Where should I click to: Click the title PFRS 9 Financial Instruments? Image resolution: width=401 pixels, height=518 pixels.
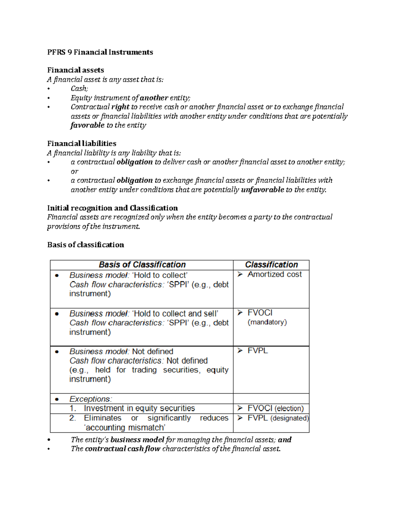point(100,52)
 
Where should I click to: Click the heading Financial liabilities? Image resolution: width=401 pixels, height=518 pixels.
point(82,143)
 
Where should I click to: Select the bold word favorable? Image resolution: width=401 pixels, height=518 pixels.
point(88,125)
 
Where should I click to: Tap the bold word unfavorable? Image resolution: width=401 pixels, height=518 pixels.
point(262,190)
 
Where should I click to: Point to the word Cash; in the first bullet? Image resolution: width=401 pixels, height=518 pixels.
point(79,89)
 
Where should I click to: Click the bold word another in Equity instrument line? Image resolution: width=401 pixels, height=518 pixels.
point(154,98)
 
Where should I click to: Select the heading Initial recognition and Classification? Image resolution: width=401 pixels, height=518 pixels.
point(112,208)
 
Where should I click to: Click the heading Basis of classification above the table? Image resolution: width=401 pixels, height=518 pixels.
point(86,245)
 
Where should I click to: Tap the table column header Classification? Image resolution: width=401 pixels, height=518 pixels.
point(271,265)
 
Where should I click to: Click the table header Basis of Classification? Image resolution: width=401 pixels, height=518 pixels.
point(142,265)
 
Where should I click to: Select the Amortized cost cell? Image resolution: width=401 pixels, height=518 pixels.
point(274,275)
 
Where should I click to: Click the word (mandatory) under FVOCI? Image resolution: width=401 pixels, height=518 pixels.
point(267,322)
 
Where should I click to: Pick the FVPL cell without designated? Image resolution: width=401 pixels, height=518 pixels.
point(258,351)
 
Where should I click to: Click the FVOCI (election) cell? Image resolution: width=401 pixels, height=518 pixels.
point(275,408)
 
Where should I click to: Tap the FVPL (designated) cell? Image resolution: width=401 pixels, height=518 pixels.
point(278,418)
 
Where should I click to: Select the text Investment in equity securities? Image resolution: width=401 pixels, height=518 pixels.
point(139,408)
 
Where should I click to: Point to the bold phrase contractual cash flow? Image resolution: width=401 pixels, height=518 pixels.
point(122,449)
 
